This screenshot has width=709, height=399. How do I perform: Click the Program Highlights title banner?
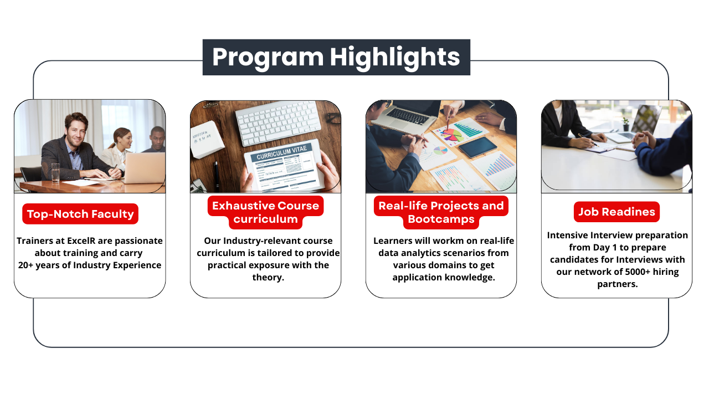336,57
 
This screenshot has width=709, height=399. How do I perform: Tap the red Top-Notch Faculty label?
80,214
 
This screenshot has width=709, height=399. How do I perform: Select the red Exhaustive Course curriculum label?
265,212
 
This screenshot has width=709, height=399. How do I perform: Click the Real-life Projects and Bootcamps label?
441,212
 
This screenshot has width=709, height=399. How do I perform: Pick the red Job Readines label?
616,212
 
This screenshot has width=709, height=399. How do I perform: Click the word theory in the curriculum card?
266,278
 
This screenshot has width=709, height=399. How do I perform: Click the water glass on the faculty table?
55,172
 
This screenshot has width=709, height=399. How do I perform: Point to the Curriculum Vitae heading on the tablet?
281,152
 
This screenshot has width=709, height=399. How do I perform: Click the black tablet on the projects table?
478,147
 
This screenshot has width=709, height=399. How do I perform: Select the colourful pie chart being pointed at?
453,135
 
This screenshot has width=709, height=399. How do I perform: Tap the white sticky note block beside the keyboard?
207,139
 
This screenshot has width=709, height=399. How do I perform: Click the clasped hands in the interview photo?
644,139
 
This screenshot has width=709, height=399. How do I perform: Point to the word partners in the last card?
616,284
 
